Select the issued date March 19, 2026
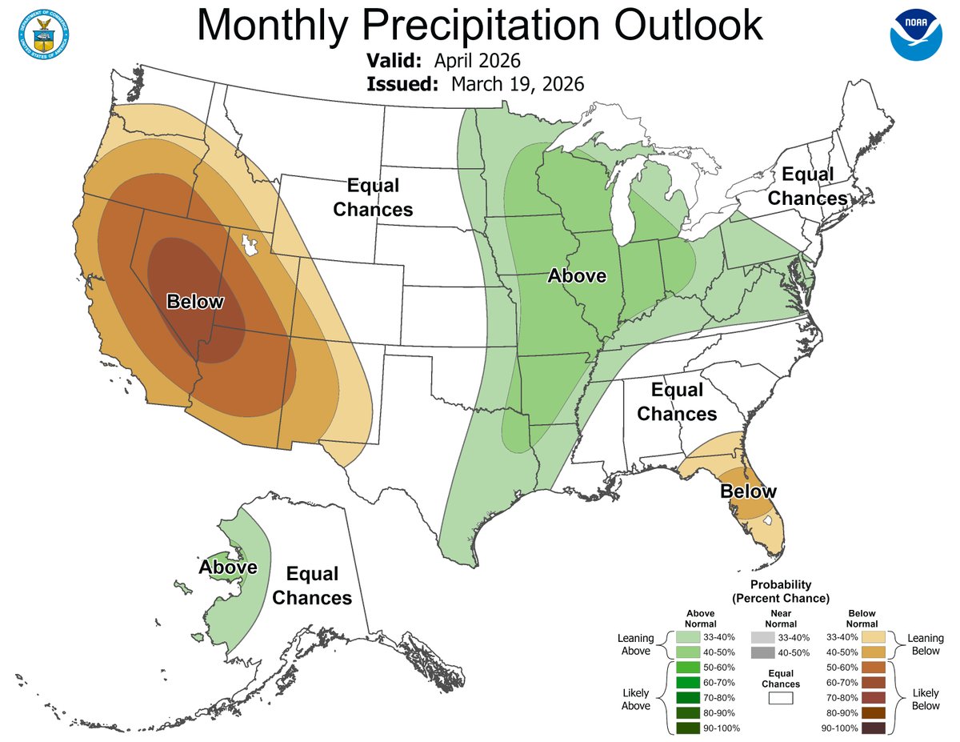click(x=517, y=83)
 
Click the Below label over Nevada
click(x=195, y=302)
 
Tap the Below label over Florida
click(x=748, y=491)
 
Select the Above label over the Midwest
click(x=577, y=276)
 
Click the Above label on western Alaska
click(x=228, y=568)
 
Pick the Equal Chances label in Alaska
click(x=312, y=586)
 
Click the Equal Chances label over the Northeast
click(x=807, y=186)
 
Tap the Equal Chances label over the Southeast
click(x=677, y=402)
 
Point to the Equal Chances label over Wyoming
click(x=373, y=198)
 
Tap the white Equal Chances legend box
click(x=780, y=698)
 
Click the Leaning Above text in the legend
click(x=636, y=644)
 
